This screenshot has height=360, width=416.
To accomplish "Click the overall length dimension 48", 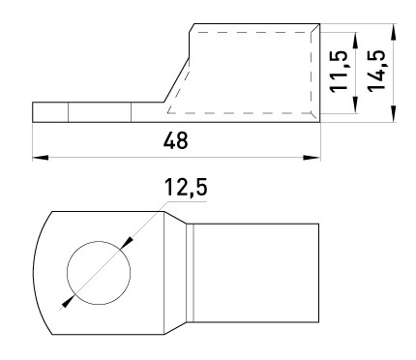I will pyautogui.click(x=175, y=140).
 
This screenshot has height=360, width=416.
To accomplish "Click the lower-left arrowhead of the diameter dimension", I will pyautogui.click(x=65, y=303).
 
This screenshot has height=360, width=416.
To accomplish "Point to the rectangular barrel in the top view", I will pyautogui.click(x=256, y=271).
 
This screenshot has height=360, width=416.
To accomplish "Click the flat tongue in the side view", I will pyautogui.click(x=97, y=112).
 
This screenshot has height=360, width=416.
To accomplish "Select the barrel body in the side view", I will pyautogui.click(x=253, y=73).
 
